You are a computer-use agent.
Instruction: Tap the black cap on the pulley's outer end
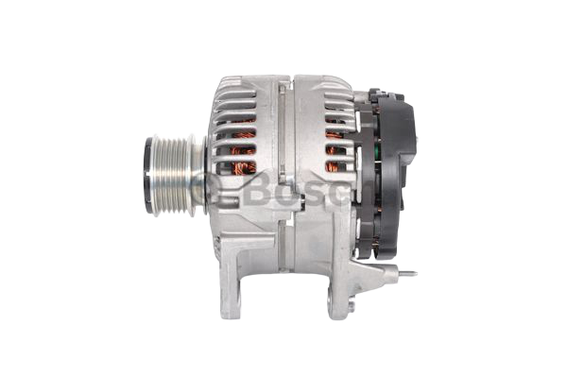[148, 176]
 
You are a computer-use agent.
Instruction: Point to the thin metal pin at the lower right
[407, 274]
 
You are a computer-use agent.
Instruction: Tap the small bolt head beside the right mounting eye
[352, 306]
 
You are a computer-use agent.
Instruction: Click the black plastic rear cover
[387, 174]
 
